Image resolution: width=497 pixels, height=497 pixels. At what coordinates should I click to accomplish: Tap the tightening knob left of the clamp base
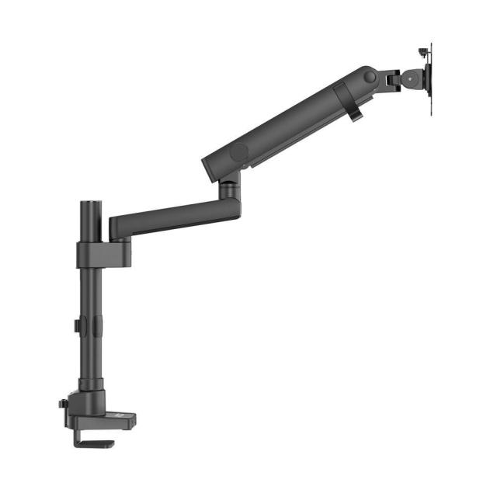point(62,406)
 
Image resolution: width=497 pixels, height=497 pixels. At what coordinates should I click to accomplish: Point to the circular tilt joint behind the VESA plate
point(412,78)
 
